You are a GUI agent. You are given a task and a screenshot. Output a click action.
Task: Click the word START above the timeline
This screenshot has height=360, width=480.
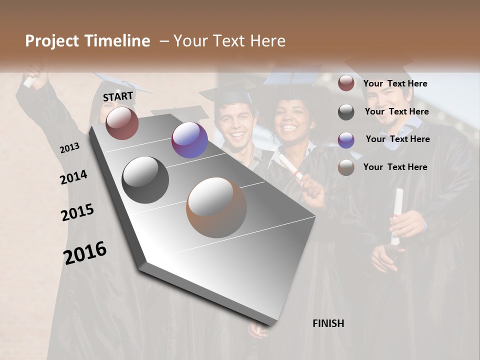click(x=118, y=96)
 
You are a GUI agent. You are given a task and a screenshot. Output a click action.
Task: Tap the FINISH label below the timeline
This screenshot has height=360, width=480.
click(x=328, y=323)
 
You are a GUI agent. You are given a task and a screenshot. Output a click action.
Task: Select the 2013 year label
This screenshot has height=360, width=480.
click(x=69, y=148)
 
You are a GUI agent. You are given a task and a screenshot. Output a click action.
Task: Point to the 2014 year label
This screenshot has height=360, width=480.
click(x=73, y=177)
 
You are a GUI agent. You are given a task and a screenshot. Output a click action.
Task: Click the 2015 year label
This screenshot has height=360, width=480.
click(x=77, y=212)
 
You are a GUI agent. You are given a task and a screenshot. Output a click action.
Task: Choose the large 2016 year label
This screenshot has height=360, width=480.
click(x=85, y=252)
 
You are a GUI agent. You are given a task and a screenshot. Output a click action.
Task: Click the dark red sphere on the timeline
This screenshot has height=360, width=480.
click(x=122, y=123)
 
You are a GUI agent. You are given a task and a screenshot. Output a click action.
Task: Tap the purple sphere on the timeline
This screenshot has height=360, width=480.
click(x=189, y=140)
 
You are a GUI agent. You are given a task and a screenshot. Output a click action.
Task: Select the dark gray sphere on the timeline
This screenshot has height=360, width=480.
click(x=145, y=180)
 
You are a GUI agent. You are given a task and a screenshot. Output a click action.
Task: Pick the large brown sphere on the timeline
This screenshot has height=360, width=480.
click(x=216, y=207)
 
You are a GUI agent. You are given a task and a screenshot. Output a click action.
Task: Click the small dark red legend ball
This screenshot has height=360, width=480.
click(x=346, y=83)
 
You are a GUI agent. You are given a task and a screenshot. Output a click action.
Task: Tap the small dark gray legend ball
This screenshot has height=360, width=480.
click(x=346, y=112)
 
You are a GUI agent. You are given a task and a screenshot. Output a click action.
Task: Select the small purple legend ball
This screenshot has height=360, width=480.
click(x=346, y=139)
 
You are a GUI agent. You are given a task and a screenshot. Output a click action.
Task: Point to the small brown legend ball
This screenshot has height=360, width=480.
click(x=346, y=167)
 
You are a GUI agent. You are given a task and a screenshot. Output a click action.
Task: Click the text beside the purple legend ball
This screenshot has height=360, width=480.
click(x=397, y=139)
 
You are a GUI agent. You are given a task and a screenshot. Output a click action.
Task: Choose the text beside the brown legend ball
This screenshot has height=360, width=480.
click(x=395, y=167)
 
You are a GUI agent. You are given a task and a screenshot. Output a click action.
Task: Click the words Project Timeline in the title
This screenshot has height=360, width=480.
click(x=87, y=41)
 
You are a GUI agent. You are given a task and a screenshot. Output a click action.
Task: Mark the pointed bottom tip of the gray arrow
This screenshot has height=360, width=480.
click(x=272, y=325)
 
